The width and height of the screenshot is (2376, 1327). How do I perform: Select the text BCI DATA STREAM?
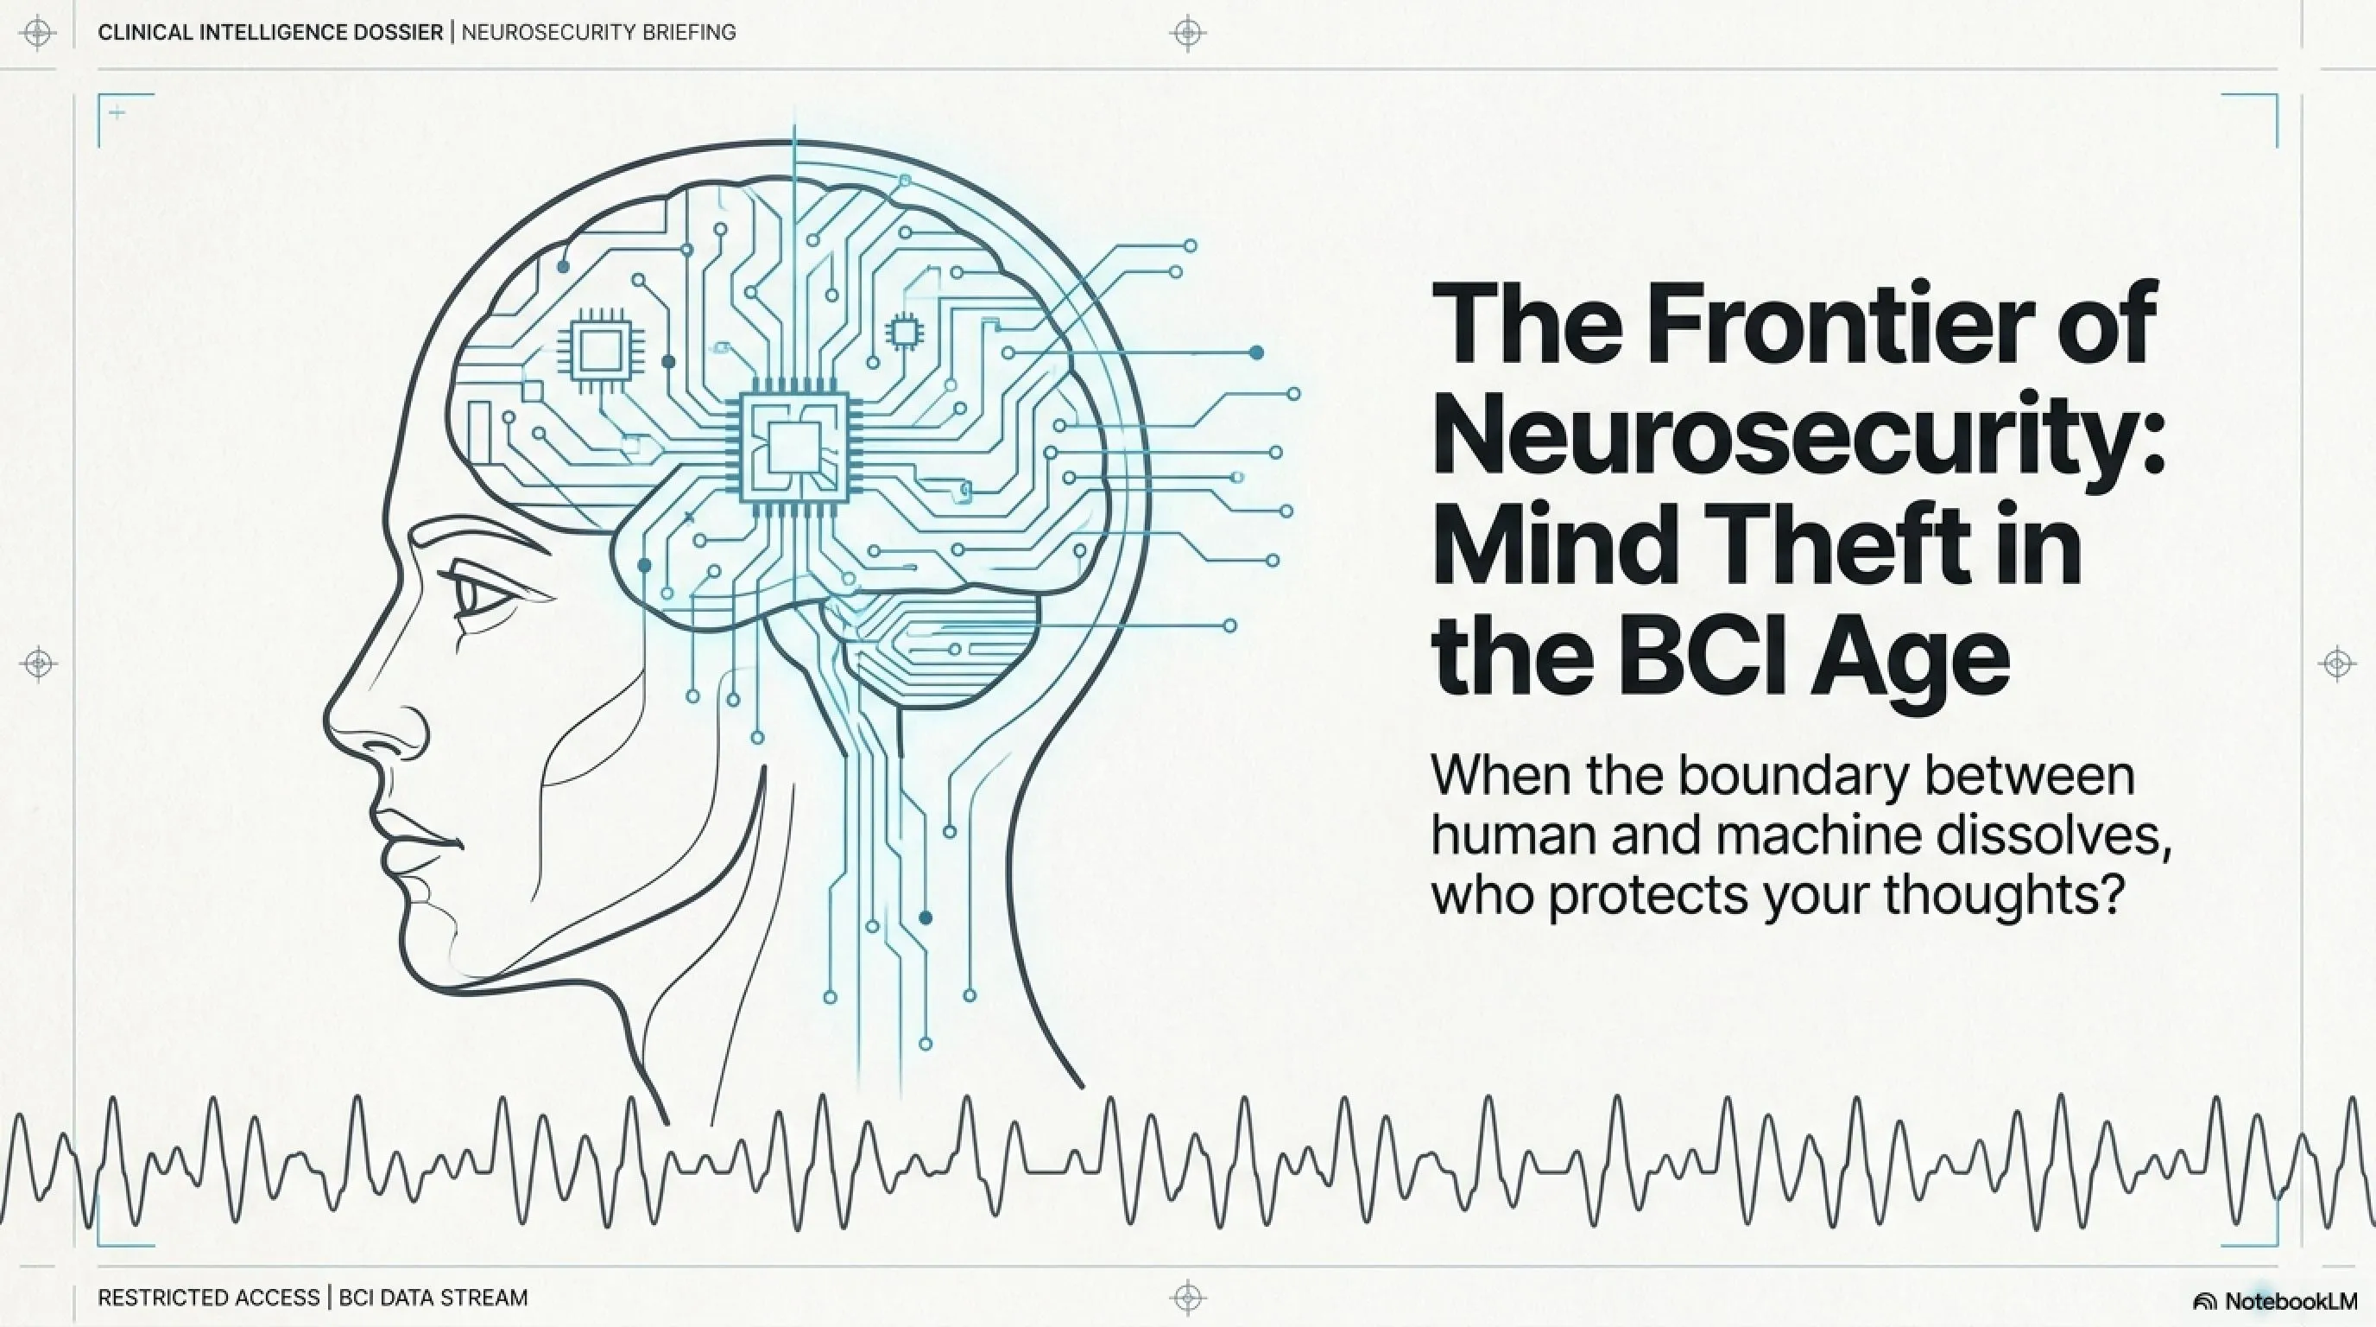[x=433, y=1298]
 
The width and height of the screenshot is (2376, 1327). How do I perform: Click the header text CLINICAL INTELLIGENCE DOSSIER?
[x=270, y=32]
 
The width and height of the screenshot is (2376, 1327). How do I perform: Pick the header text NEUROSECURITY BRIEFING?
[x=598, y=32]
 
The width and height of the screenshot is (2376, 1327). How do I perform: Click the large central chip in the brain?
[x=794, y=448]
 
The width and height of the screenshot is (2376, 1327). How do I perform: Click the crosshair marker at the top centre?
[x=1188, y=33]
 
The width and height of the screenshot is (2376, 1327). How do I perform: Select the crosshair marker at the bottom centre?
[x=1188, y=1298]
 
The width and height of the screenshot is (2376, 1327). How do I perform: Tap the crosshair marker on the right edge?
[x=2337, y=663]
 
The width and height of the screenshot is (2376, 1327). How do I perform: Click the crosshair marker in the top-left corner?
[x=38, y=33]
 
